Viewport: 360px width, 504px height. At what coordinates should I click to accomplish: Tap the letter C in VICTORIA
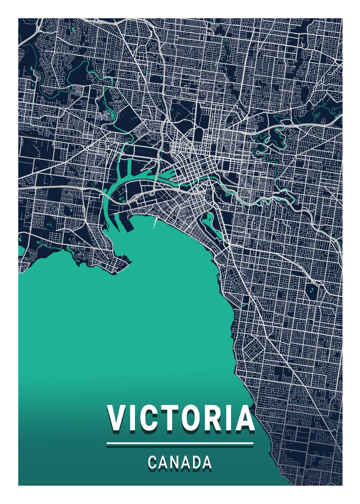pyautogui.click(x=147, y=418)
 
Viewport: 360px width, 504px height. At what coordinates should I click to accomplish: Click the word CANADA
pyautogui.click(x=180, y=462)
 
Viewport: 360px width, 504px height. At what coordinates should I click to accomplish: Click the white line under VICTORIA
pyautogui.click(x=180, y=443)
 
